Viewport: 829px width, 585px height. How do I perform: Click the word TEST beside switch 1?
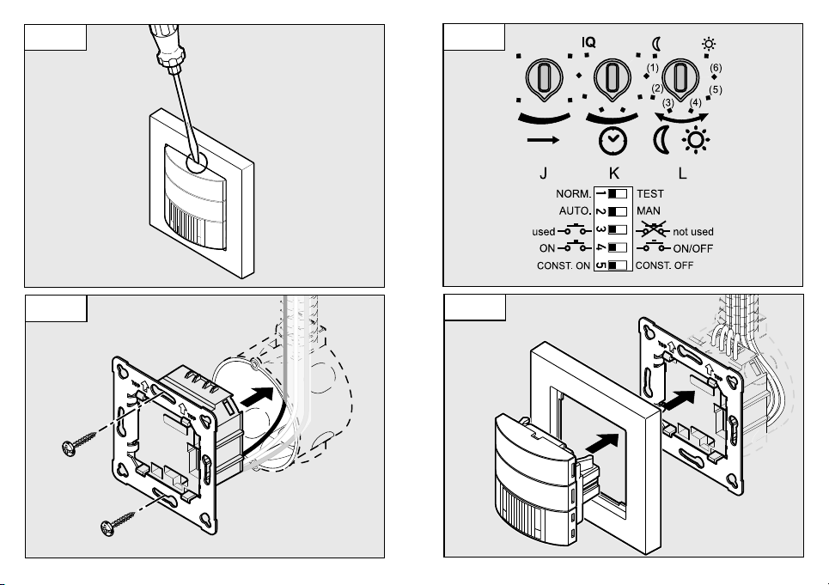tap(651, 194)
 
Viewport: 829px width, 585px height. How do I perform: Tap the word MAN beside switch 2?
tap(649, 211)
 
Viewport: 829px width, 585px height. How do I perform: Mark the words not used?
tap(692, 231)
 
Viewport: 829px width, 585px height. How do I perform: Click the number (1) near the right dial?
tap(653, 68)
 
